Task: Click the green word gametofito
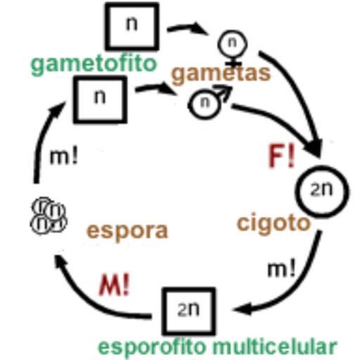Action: [x=94, y=64]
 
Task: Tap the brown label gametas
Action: [x=221, y=74]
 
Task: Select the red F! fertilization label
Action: [x=281, y=156]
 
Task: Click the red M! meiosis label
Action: [x=114, y=285]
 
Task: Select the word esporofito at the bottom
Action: [x=153, y=347]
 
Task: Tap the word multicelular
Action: [x=275, y=347]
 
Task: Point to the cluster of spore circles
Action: [x=49, y=215]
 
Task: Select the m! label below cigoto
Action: [x=281, y=269]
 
